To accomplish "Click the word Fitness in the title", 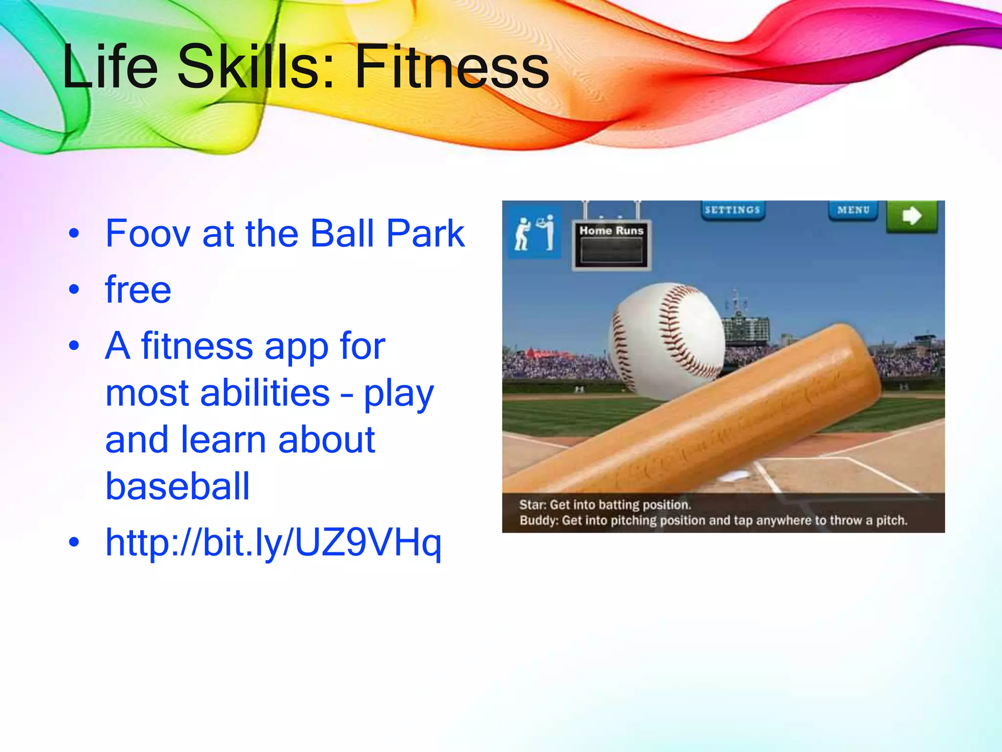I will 451,67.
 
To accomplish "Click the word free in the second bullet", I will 138,290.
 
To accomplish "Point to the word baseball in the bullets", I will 178,487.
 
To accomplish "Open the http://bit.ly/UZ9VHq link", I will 273,542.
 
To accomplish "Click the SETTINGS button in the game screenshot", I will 732,210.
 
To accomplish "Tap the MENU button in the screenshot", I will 853,210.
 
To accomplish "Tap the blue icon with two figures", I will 534,232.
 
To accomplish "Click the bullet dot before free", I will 74,289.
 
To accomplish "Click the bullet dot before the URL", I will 74,542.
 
